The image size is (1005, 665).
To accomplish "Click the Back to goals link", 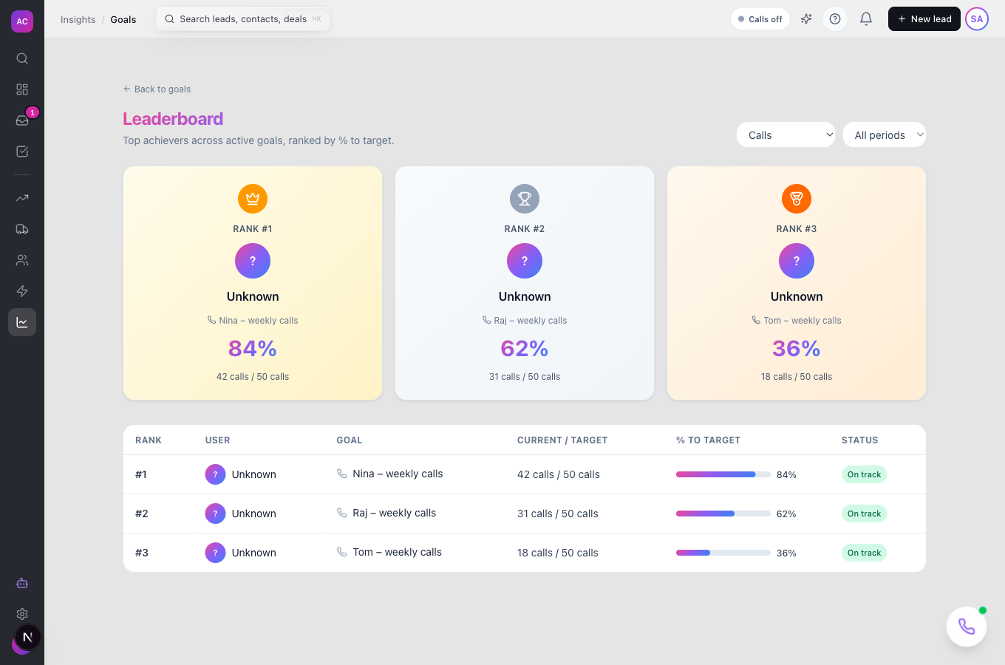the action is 157,89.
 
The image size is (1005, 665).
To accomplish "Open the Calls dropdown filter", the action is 786,134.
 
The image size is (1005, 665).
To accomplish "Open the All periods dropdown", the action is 884,134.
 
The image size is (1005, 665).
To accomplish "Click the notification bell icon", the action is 865,19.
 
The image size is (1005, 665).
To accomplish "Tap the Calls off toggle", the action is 760,19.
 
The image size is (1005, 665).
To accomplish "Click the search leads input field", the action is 242,19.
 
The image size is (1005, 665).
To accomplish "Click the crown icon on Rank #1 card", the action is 253,198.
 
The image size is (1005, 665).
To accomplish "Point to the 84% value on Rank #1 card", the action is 253,348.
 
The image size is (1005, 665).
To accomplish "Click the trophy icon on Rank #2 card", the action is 525,198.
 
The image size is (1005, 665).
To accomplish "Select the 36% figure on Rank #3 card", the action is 797,348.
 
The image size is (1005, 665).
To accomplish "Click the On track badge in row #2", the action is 864,514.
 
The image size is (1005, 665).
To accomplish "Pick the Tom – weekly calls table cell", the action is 397,552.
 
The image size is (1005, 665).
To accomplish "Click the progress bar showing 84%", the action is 723,474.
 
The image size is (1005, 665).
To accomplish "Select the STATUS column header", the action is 859,440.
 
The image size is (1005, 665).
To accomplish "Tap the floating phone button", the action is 967,627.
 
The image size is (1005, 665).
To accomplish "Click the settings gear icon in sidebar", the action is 22,613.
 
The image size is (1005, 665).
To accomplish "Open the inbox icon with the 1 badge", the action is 22,120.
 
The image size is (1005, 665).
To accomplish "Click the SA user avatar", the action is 977,19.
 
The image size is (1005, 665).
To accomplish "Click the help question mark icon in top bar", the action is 834,19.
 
